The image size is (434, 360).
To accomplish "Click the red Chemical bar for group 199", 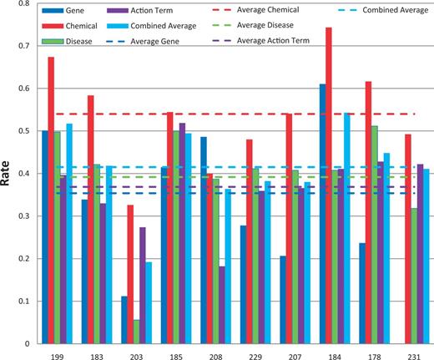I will (x=51, y=200).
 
